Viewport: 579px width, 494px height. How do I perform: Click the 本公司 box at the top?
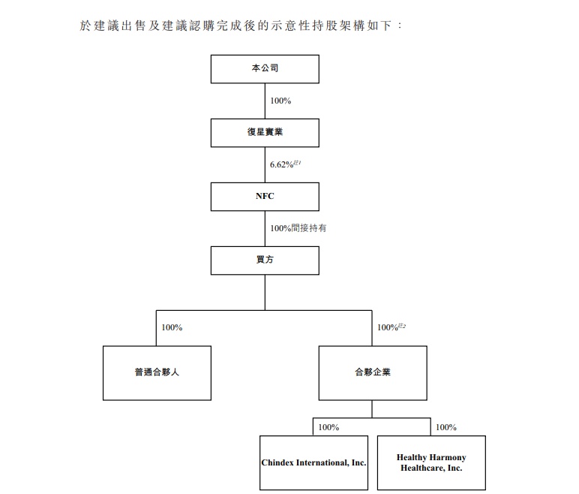click(265, 68)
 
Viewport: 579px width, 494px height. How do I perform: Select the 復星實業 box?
click(265, 132)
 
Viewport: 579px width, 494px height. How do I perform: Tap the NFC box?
click(265, 196)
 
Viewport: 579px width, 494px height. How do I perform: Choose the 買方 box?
click(265, 260)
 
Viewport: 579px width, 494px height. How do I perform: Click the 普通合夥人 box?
click(157, 372)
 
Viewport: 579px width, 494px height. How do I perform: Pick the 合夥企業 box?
click(373, 372)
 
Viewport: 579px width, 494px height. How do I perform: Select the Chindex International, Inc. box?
click(313, 462)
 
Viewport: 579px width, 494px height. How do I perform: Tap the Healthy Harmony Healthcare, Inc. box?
click(431, 462)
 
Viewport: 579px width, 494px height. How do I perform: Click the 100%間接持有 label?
click(298, 228)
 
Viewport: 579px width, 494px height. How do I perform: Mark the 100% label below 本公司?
click(280, 101)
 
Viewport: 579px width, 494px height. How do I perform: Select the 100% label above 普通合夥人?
click(172, 327)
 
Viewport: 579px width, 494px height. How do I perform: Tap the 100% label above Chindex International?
click(328, 427)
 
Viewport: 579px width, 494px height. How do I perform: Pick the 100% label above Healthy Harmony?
click(445, 427)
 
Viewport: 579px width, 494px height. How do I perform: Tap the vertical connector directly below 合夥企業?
click(373, 409)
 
